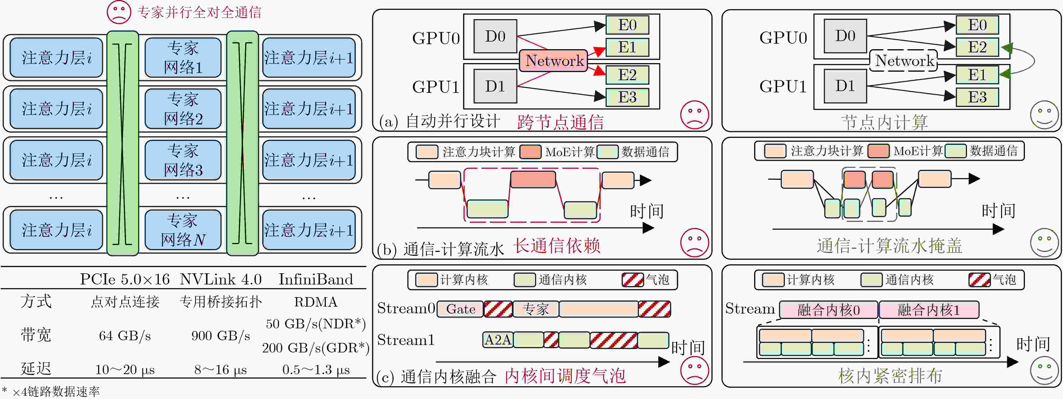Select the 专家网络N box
183,230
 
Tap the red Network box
553,61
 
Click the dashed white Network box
904,61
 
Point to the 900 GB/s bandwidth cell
221,336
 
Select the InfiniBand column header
316,279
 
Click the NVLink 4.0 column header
221,279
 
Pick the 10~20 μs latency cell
125,370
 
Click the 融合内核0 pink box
828,310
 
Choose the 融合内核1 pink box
929,310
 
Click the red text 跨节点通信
560,122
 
